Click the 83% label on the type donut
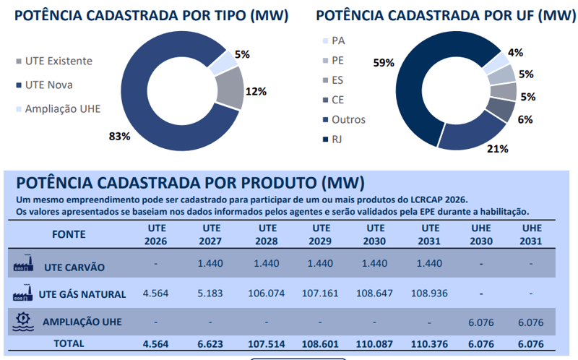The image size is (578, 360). pos(119,136)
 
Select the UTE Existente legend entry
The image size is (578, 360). pos(58,61)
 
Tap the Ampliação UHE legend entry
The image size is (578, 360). pos(62,109)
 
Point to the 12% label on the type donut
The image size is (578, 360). pos(256,91)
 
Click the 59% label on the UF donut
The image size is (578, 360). pos(383,63)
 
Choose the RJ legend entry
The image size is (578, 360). pos(337,139)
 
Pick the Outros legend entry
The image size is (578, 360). pos(348,119)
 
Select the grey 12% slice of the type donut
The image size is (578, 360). pos(230,87)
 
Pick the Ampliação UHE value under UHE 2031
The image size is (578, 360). pos(531,321)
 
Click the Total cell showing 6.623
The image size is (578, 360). pos(211,344)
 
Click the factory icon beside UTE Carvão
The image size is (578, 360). pos(25,265)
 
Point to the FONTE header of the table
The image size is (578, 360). pos(69,234)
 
